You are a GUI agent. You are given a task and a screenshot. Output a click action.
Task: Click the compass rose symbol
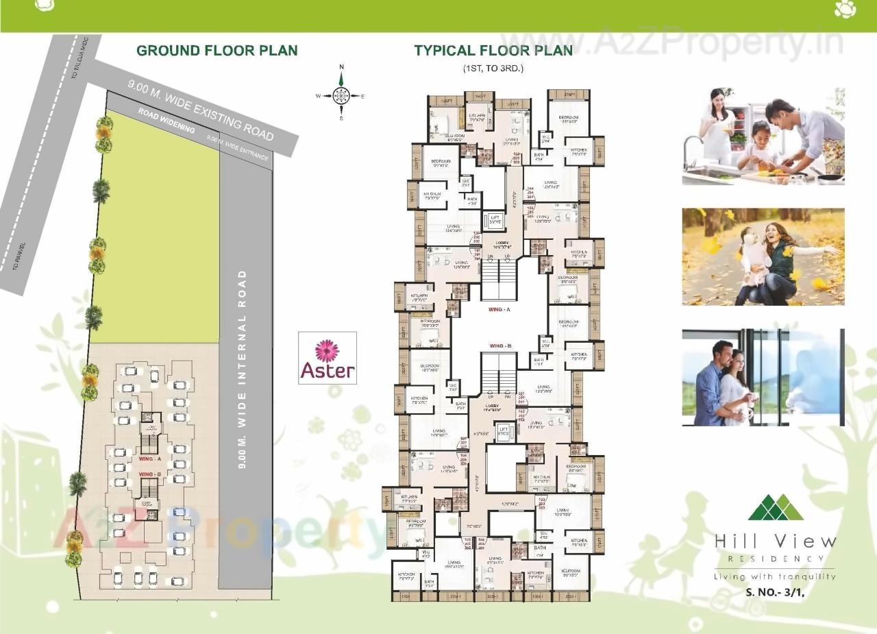(x=341, y=95)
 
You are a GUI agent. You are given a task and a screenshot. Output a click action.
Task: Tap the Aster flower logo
(x=328, y=358)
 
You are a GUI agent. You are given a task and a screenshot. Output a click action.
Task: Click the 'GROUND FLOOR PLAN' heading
(x=217, y=51)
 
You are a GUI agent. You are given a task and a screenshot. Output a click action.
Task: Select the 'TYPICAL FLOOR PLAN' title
(x=493, y=51)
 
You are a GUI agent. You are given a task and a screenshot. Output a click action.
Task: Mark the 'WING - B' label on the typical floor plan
(x=501, y=346)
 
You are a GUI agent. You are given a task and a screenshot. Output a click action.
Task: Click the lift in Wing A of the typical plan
(x=495, y=219)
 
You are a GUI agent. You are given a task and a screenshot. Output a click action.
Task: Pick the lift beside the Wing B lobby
(x=504, y=431)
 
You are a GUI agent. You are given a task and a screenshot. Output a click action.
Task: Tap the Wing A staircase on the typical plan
(x=498, y=278)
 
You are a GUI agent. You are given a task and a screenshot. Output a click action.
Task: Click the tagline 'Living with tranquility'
(x=775, y=576)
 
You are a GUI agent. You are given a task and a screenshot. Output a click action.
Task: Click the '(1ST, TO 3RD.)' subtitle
(x=493, y=69)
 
